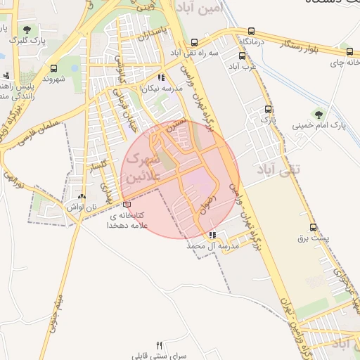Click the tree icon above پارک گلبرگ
click(27, 30)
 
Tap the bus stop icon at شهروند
click(53, 68)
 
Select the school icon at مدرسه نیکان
click(161, 78)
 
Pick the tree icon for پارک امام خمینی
click(319, 113)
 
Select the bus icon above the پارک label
click(268, 109)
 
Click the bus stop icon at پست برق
click(314, 227)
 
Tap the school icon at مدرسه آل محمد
click(212, 236)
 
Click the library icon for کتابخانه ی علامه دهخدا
click(127, 204)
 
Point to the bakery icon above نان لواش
click(82, 197)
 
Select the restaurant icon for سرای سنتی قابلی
click(160, 345)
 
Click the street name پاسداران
click(153, 34)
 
